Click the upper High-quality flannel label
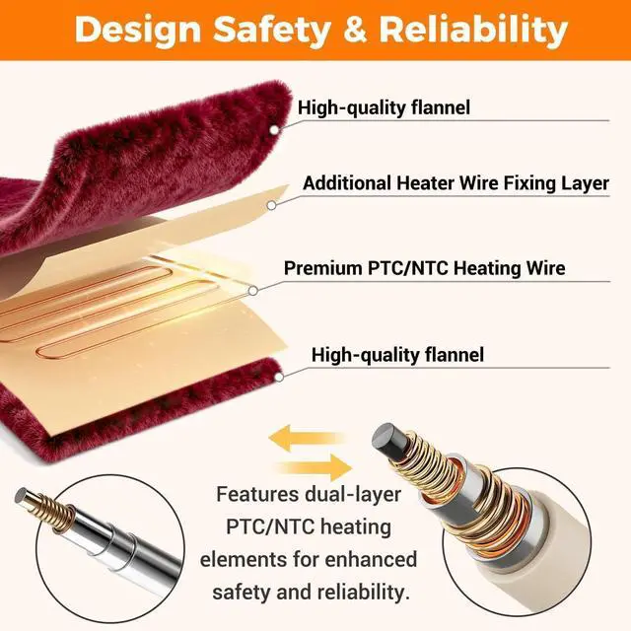point(385,107)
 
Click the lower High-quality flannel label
point(397,354)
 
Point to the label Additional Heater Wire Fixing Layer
point(456,183)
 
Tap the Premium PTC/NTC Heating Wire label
point(424,268)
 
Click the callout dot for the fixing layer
point(272,205)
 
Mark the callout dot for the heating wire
point(253,290)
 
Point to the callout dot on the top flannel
point(275,128)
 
